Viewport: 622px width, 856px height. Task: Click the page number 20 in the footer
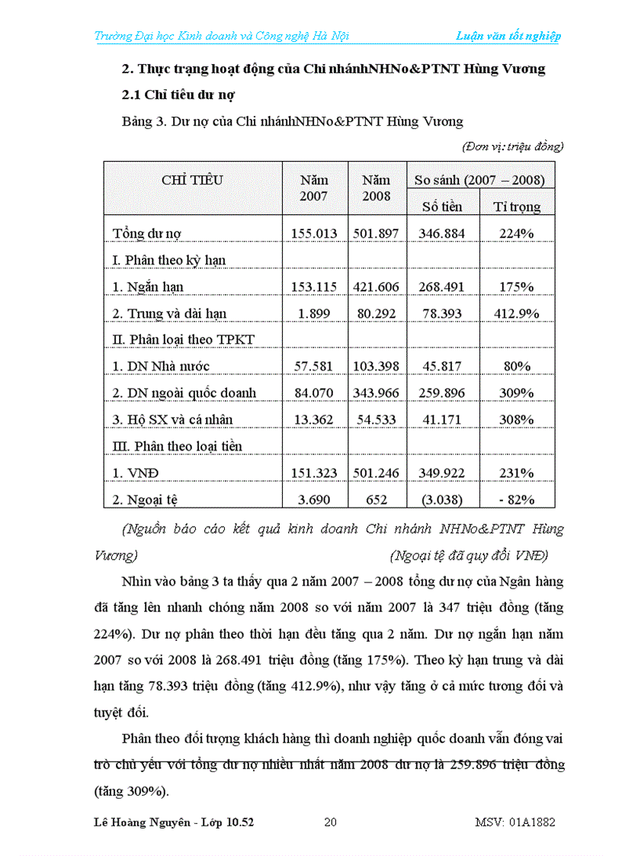click(330, 822)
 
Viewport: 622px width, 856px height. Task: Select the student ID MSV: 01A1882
click(515, 822)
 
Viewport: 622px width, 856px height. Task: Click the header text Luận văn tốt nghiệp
click(508, 36)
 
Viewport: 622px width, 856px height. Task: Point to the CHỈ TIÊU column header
click(192, 181)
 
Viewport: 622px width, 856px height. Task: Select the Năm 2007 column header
click(314, 188)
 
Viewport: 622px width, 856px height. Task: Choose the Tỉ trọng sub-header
click(517, 207)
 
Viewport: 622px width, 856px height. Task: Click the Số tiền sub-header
click(442, 207)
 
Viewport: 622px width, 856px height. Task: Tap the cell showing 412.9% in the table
click(517, 313)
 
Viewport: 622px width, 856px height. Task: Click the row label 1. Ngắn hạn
click(148, 287)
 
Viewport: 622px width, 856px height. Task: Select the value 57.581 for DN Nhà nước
click(313, 367)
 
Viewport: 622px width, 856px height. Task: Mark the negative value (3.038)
click(442, 500)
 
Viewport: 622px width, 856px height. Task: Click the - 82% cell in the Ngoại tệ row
click(517, 500)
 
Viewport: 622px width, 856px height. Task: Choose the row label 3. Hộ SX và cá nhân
click(172, 420)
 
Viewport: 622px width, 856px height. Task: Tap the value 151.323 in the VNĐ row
click(313, 473)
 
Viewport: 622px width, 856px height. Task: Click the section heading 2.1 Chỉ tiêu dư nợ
click(178, 95)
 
